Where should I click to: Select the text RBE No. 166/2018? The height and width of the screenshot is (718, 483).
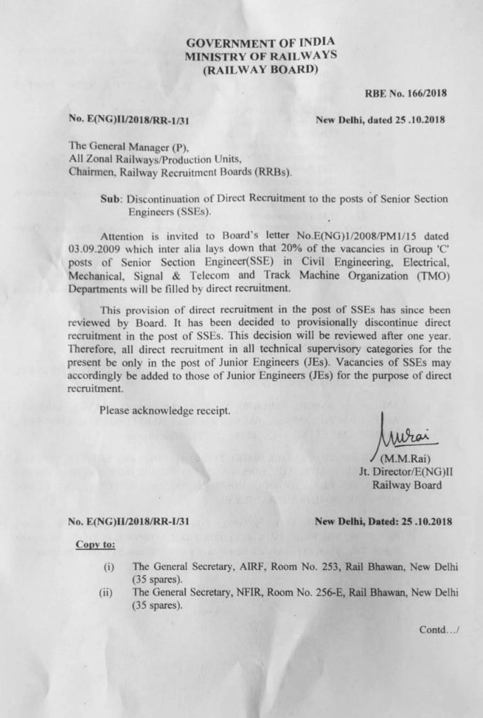[405, 92]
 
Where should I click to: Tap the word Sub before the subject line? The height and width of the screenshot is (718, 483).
[111, 199]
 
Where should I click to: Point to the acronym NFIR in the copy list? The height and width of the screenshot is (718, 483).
[244, 592]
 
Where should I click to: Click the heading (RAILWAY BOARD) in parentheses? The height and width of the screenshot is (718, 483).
[260, 69]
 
